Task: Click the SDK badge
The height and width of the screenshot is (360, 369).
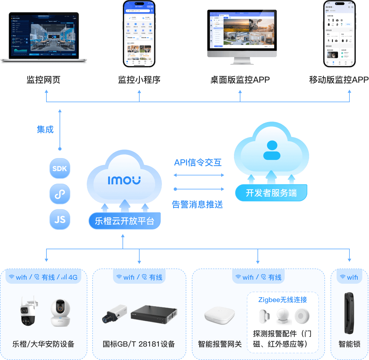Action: pyautogui.click(x=60, y=168)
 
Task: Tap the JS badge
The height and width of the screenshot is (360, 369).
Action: pyautogui.click(x=60, y=220)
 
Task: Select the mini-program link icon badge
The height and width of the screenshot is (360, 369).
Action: pyautogui.click(x=60, y=194)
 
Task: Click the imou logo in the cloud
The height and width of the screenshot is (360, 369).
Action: pyautogui.click(x=124, y=180)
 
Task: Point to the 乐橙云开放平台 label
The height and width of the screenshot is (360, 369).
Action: pyautogui.click(x=124, y=221)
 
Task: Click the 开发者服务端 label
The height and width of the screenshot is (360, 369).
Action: pyautogui.click(x=271, y=193)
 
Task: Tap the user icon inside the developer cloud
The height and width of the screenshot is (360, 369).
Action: pyautogui.click(x=272, y=150)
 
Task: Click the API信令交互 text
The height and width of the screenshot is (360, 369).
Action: pyautogui.click(x=198, y=163)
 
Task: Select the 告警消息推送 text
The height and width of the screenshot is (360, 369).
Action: pyautogui.click(x=197, y=204)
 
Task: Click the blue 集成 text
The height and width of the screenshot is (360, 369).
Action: pyautogui.click(x=45, y=129)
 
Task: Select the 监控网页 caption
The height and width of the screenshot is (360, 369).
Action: pyautogui.click(x=43, y=80)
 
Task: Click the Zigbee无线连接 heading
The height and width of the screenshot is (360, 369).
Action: pyautogui.click(x=283, y=300)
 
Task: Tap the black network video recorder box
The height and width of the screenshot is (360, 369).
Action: pyautogui.click(x=154, y=314)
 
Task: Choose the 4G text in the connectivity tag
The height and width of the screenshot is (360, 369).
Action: pyautogui.click(x=73, y=277)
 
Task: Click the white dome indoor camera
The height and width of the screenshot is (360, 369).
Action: pyautogui.click(x=60, y=312)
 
